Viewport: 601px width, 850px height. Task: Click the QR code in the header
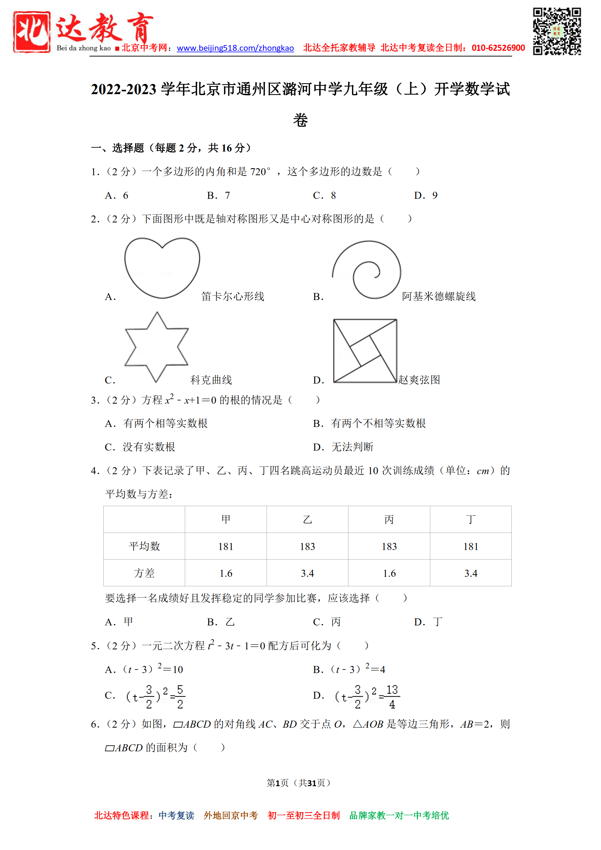coord(557,31)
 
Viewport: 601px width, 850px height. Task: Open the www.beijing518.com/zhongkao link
coord(235,48)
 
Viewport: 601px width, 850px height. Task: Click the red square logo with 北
coord(32,32)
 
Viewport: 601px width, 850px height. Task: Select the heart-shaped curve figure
coord(162,267)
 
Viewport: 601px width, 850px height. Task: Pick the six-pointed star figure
coord(157,347)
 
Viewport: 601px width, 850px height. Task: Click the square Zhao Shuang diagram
coord(365,350)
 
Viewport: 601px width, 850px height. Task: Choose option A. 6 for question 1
coord(117,195)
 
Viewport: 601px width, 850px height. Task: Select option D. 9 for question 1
coord(426,195)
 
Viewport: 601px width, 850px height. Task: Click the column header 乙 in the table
coord(307,519)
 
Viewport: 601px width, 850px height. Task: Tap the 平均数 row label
coord(144,546)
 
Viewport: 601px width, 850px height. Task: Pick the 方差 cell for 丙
coord(389,574)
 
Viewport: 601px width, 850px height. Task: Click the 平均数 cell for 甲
coord(226,546)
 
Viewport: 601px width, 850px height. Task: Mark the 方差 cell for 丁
coord(471,574)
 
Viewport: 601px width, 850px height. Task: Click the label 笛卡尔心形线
coord(232,296)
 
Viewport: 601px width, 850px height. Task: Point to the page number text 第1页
coord(277,783)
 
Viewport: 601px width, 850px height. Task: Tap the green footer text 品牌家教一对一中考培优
coord(399,815)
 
